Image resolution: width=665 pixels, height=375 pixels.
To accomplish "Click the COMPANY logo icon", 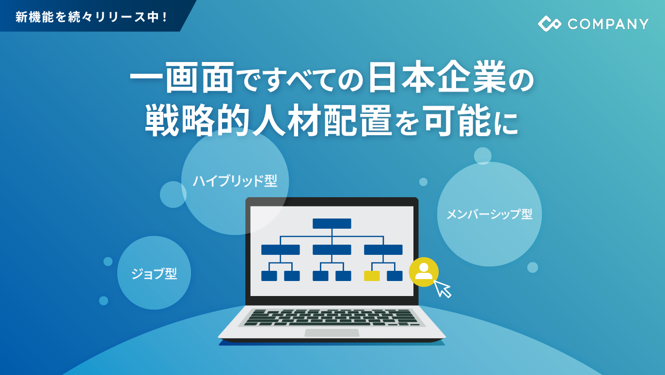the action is tap(549, 24).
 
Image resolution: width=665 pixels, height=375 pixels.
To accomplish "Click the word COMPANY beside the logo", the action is tap(608, 24).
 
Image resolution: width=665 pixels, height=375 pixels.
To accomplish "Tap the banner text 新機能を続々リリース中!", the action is tap(92, 17).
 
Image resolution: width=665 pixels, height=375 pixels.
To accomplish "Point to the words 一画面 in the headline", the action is tap(182, 78).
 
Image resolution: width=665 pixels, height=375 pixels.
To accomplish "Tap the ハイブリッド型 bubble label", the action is tap(235, 181).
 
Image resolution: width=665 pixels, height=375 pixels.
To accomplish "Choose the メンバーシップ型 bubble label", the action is tap(489, 214).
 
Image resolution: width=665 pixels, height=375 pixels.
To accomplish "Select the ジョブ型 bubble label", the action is tap(154, 273).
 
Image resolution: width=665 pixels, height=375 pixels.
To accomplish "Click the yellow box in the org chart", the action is tap(372, 276).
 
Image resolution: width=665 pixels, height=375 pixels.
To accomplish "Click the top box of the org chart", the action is tap(332, 223).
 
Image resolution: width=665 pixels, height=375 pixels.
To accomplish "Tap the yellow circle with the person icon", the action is tap(424, 272).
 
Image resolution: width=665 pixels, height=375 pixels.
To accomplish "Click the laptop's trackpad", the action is tap(332, 332).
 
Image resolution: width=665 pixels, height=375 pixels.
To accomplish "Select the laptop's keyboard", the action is tap(332, 317).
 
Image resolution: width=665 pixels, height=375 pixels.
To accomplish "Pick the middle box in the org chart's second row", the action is tap(332, 250).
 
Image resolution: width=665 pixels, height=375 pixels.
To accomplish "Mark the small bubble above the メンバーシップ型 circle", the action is tap(482, 156).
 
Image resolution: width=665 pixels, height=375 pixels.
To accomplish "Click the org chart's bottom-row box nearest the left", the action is tap(269, 276).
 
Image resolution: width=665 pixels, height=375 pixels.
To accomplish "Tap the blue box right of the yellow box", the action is tap(395, 276).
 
